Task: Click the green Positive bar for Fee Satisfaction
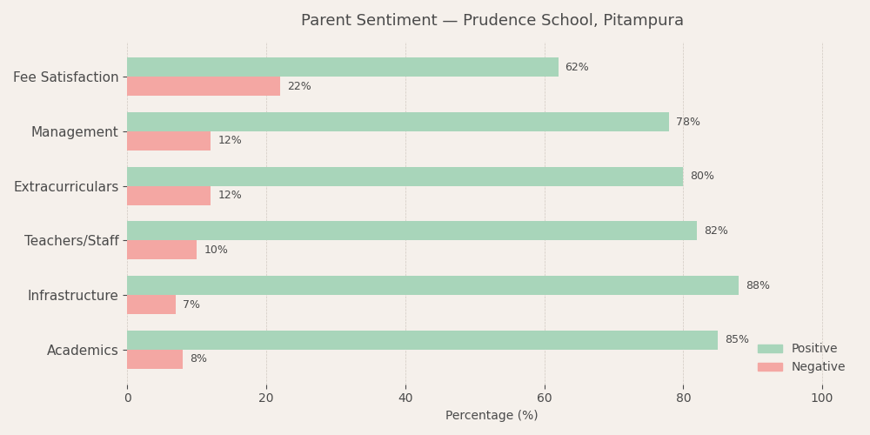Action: pos(343,67)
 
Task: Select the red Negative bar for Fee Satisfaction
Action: pos(204,86)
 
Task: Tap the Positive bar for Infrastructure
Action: pos(432,285)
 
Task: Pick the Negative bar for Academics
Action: pos(155,359)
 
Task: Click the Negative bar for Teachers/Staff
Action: pos(162,250)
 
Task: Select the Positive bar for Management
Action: pos(398,122)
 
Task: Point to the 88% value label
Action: pos(757,285)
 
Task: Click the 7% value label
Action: pos(191,304)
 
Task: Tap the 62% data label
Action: pos(577,67)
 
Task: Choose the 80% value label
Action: pos(701,177)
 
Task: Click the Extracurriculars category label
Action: pos(66,187)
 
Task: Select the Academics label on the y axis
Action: pos(83,351)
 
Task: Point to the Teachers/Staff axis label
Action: pos(71,241)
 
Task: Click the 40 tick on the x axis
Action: pos(405,398)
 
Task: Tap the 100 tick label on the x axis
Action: pos(822,398)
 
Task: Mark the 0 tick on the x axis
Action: pos(127,398)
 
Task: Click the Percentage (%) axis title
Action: pos(492,416)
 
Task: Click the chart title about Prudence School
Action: pos(492,21)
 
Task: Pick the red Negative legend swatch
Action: pos(770,367)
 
